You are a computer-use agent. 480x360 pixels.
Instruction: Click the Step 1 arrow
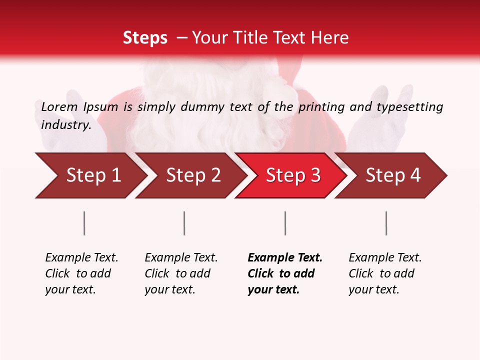click(x=92, y=175)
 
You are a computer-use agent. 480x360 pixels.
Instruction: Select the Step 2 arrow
click(x=193, y=175)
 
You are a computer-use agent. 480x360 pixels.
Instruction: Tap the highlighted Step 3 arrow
click(x=293, y=175)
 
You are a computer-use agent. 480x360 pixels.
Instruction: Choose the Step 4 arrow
click(x=393, y=175)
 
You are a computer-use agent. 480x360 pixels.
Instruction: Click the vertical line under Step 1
click(x=84, y=223)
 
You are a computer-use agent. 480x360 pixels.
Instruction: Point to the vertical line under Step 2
click(x=184, y=223)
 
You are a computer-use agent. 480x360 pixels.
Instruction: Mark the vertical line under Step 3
click(x=285, y=223)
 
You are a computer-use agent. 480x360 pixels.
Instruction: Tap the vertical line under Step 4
click(x=386, y=223)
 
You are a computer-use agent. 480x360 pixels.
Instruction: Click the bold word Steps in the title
click(x=145, y=38)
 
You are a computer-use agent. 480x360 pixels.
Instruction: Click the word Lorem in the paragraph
click(x=59, y=106)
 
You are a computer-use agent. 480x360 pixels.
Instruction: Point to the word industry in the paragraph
click(x=66, y=125)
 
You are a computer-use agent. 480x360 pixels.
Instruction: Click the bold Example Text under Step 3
click(x=285, y=257)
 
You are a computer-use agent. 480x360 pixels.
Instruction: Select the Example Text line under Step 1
click(x=81, y=257)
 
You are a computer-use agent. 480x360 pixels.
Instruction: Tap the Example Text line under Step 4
click(x=385, y=257)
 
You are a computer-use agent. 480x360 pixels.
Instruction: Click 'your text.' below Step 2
click(x=170, y=289)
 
